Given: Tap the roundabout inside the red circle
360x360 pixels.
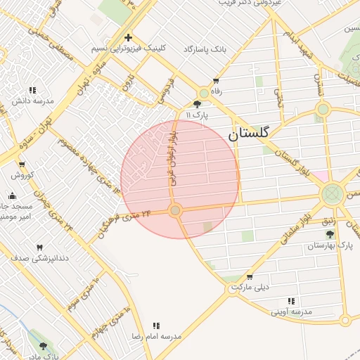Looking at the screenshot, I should tap(176, 210).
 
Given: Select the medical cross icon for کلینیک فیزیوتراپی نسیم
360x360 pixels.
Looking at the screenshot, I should tap(128, 37).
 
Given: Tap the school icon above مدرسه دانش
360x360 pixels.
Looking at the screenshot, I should tap(32, 90).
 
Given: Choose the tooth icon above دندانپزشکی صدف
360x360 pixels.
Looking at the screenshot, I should tap(39, 247).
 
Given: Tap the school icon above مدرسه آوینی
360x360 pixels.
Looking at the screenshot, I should tap(291, 301).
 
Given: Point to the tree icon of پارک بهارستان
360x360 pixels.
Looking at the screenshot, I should tap(330, 234).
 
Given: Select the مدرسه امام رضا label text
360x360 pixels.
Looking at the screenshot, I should tap(156, 337).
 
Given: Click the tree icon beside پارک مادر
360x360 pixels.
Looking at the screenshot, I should tap(44, 347).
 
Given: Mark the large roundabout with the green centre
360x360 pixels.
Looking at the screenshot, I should tap(333, 194).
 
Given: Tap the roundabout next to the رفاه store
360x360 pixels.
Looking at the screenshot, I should tap(204, 93).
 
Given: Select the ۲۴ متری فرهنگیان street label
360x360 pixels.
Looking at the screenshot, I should tap(127, 221).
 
